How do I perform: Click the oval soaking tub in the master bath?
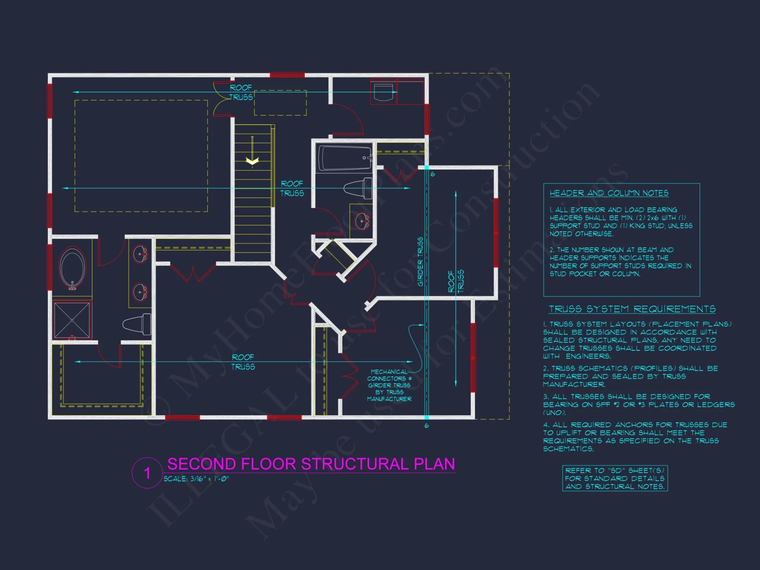(73, 268)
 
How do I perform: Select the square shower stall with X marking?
(72, 320)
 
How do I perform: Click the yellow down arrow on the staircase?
(252, 161)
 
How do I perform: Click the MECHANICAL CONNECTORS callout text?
(389, 385)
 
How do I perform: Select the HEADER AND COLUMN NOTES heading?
(609, 193)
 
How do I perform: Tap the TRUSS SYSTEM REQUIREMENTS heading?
(632, 309)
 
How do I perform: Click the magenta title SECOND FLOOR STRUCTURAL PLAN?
(311, 464)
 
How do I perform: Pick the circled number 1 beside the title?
(147, 473)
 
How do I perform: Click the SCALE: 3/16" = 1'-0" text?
(196, 479)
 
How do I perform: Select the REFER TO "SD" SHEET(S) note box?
(614, 478)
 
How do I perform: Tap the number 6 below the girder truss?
(427, 426)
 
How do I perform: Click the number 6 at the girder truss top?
(432, 174)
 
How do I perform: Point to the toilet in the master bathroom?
(137, 324)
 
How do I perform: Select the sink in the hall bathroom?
(362, 221)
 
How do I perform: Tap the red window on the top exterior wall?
(287, 75)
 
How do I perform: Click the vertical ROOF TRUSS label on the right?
(456, 281)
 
